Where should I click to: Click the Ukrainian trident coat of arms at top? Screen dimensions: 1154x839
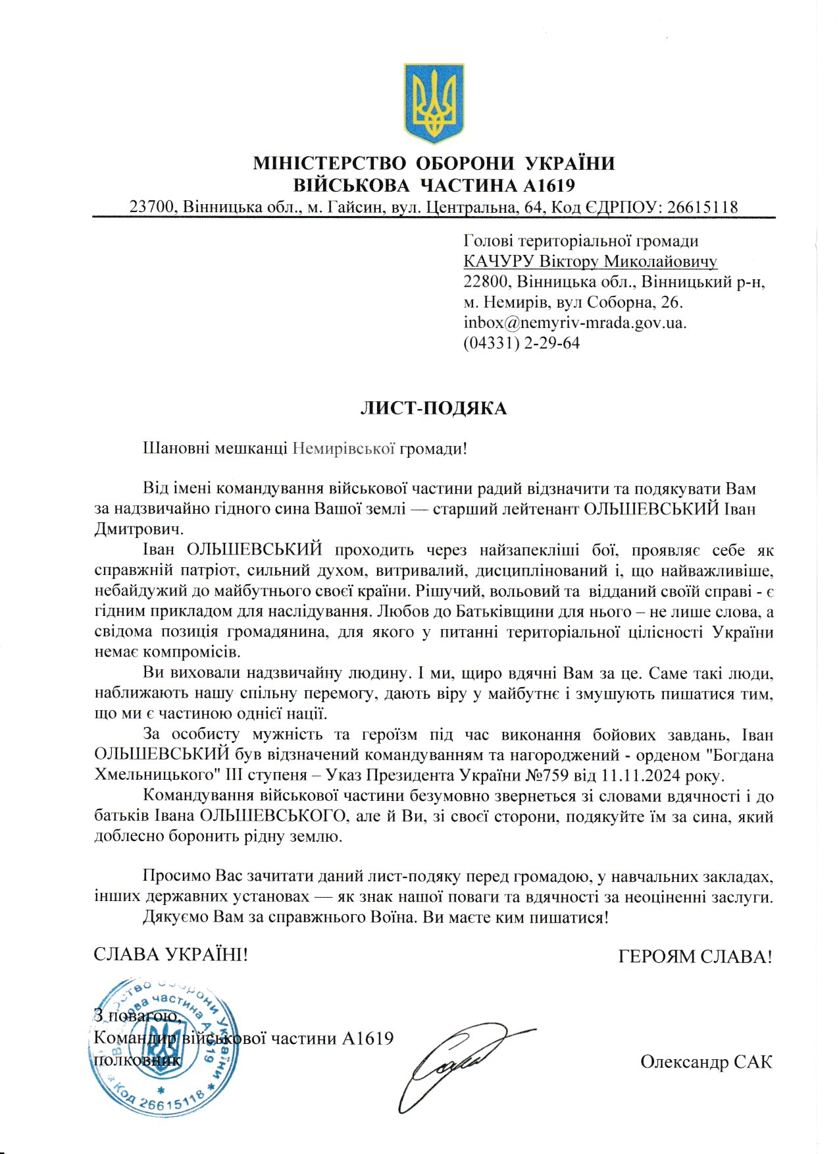(434, 103)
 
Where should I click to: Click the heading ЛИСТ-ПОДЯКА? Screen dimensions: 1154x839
(434, 409)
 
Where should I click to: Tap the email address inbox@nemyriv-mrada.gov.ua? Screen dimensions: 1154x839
(574, 323)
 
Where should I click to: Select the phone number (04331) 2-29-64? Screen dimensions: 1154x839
(521, 344)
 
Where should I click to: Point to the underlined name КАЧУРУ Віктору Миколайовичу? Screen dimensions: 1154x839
(590, 262)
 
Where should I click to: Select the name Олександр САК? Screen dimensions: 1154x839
(705, 1062)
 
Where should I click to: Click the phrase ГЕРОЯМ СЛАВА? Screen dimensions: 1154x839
(695, 957)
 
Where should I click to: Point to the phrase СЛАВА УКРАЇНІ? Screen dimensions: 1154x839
(171, 954)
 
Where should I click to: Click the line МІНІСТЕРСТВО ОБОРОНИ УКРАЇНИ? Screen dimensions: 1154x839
(434, 163)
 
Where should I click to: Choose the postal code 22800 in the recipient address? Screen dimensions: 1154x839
(487, 283)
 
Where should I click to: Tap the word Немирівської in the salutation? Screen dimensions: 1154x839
(343, 449)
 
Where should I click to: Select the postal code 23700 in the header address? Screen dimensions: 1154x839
(152, 207)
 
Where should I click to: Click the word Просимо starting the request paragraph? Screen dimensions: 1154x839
(176, 877)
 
